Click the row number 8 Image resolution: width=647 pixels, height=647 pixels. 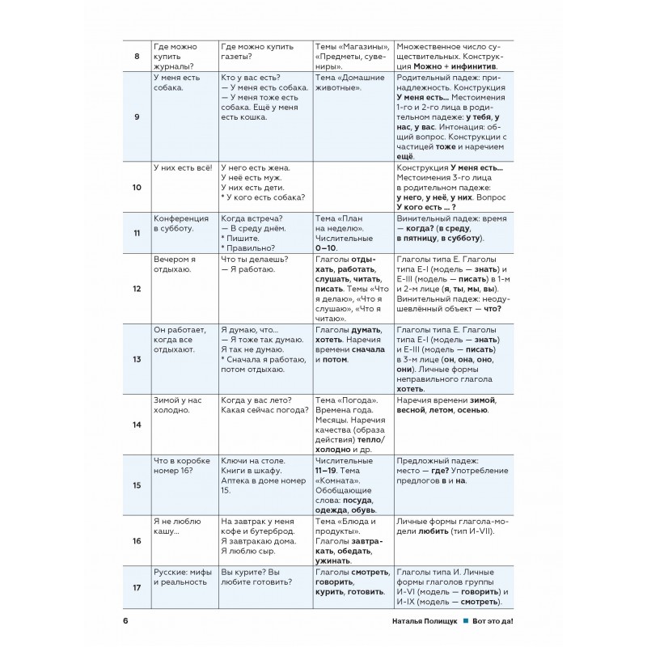coord(135,56)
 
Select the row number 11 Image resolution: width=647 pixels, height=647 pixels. coord(135,233)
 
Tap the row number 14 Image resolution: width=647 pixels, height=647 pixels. coord(135,425)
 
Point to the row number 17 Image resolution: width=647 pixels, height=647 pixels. coord(135,590)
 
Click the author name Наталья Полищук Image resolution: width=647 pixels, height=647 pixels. coord(423,622)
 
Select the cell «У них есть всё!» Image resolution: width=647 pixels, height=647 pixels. coord(182,167)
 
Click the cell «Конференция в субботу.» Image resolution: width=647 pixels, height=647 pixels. coord(181,223)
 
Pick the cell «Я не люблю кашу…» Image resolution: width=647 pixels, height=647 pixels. coord(179,527)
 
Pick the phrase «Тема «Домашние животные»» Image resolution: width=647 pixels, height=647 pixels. coord(349,82)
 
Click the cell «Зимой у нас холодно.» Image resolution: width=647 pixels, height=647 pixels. coord(178,405)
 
